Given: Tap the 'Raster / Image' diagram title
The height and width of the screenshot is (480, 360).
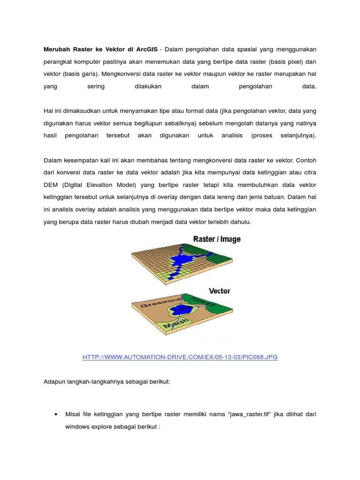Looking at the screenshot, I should tap(217, 240).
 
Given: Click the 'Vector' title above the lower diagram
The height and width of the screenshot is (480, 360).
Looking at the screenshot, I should tap(219, 291).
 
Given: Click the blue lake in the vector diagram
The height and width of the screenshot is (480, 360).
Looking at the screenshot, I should tap(180, 309).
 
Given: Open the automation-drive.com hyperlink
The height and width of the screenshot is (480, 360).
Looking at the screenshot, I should tap(180, 357).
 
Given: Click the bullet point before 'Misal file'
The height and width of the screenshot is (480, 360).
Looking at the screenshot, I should tap(56, 415).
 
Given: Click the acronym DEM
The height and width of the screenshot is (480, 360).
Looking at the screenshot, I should tap(51, 185).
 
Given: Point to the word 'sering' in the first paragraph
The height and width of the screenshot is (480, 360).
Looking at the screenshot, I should tap(96, 87).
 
